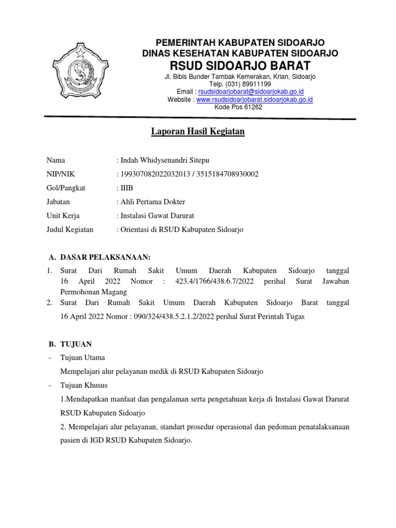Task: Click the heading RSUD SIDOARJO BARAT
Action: tap(240, 65)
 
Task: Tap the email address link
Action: tap(251, 91)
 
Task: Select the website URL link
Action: tap(255, 100)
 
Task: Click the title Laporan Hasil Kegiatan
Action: tap(197, 132)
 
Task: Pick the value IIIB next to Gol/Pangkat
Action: tap(127, 188)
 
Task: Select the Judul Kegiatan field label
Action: tap(70, 229)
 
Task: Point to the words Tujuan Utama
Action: tap(82, 357)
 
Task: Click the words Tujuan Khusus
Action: tap(84, 385)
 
